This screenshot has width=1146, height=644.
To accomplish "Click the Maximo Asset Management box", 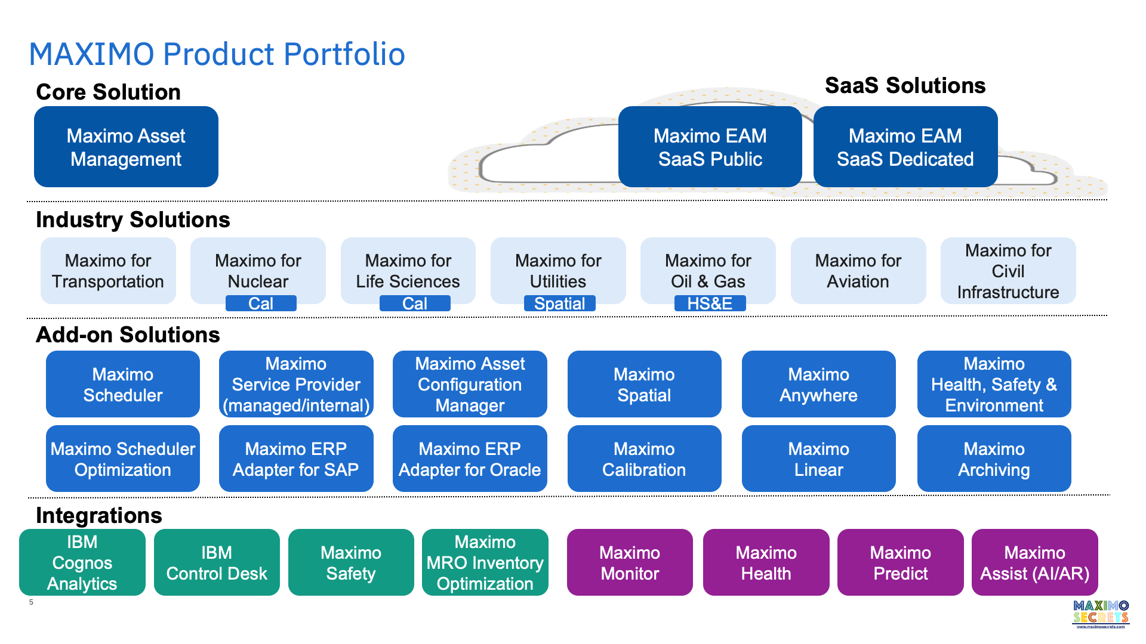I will [126, 147].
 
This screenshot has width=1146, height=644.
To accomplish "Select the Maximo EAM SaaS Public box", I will [710, 147].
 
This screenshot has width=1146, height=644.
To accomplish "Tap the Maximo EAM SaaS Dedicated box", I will [905, 147].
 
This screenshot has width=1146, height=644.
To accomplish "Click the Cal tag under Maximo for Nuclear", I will [261, 304].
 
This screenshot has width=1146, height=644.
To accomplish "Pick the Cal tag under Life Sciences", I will [415, 304].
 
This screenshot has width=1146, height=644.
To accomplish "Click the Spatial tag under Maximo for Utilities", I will [559, 304].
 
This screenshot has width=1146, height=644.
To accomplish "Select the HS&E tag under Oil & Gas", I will [710, 304].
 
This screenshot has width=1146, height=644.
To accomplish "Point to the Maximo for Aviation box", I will [858, 271].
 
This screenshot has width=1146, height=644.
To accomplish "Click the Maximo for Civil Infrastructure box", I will [1008, 271].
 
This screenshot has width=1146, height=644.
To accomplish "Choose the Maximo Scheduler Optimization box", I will [123, 459].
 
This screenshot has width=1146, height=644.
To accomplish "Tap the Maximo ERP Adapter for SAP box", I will [296, 459].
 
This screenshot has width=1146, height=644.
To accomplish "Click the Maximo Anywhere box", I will [818, 384].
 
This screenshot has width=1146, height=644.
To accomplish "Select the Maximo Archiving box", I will [994, 459].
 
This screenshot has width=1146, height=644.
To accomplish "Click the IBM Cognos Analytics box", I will [82, 562].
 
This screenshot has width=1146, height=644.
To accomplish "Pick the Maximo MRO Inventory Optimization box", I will [485, 562].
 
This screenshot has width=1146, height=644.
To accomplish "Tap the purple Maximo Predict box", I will [900, 562].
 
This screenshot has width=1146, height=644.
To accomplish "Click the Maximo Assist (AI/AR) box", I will [1034, 562].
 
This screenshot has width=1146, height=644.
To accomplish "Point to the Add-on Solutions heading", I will [128, 335].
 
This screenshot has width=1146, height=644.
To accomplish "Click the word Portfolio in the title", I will [344, 54].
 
